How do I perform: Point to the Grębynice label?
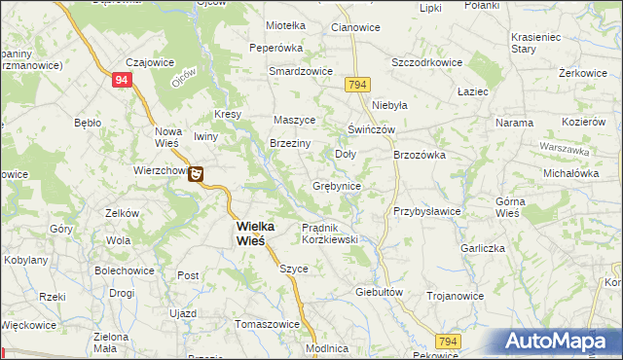tap(339, 185)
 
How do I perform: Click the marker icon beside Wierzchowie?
tap(197, 174)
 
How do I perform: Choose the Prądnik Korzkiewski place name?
tap(330, 233)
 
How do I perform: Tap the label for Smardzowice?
tap(302, 72)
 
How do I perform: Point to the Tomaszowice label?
tap(267, 324)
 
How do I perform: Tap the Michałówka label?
tap(571, 171)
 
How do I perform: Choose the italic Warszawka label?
tap(566, 150)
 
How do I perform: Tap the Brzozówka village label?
tap(419, 154)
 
